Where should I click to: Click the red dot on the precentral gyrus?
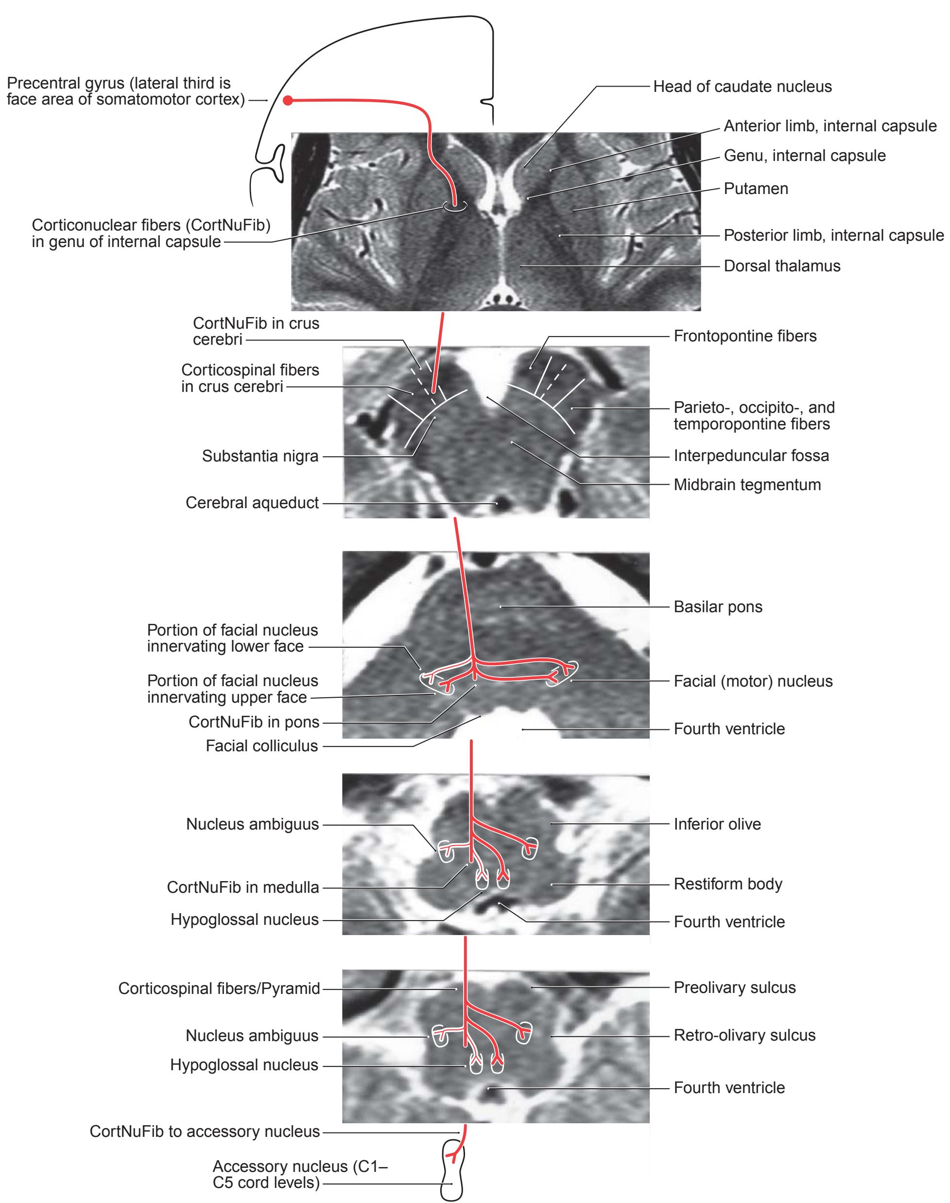[288, 101]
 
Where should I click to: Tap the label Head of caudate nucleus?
[742, 87]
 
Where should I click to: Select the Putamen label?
[756, 189]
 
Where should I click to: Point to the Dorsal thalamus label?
[782, 266]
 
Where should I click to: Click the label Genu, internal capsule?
[804, 156]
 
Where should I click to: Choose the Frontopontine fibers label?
[745, 336]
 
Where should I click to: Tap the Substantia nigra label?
[260, 456]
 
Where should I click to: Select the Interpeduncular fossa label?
[751, 456]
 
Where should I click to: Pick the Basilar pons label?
[718, 606]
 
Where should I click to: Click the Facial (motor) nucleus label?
[753, 681]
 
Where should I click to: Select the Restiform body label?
[728, 884]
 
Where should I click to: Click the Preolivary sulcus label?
[735, 988]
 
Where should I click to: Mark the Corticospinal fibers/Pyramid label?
[219, 989]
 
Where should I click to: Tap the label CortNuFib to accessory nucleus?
[205, 1132]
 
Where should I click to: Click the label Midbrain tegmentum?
[747, 485]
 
